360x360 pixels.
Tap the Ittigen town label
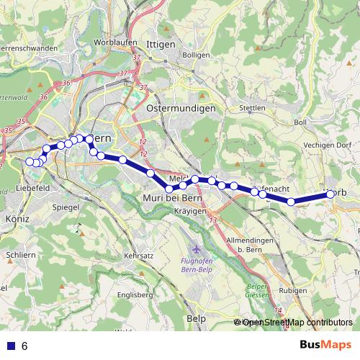pyautogui.click(x=160, y=44)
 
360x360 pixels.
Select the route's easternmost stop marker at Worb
pyautogui.click(x=330, y=193)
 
